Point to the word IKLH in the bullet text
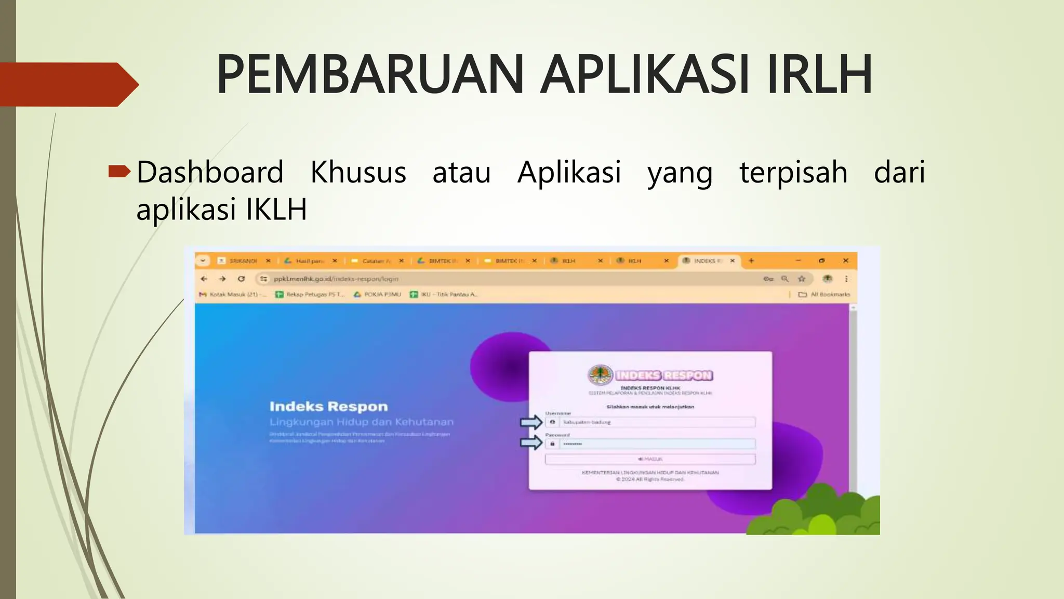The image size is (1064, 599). pyautogui.click(x=276, y=209)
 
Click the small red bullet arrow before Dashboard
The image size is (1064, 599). pyautogui.click(x=119, y=171)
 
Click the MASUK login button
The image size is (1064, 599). pyautogui.click(x=650, y=459)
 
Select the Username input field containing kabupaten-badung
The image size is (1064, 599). pyautogui.click(x=656, y=422)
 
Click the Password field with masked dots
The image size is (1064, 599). pyautogui.click(x=656, y=444)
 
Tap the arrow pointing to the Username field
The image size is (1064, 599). pyautogui.click(x=531, y=422)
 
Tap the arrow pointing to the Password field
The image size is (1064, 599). pyautogui.click(x=531, y=443)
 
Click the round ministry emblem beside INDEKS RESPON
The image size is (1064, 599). pyautogui.click(x=600, y=375)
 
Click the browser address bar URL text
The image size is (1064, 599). pyautogui.click(x=336, y=279)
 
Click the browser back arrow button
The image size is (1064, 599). pyautogui.click(x=204, y=279)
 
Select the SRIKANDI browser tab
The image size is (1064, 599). pyautogui.click(x=243, y=261)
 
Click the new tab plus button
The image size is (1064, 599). pyautogui.click(x=751, y=261)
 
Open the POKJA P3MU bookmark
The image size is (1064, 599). pyautogui.click(x=382, y=294)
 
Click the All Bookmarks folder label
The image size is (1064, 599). pyautogui.click(x=830, y=294)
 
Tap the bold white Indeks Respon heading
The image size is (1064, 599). pyautogui.click(x=328, y=407)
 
